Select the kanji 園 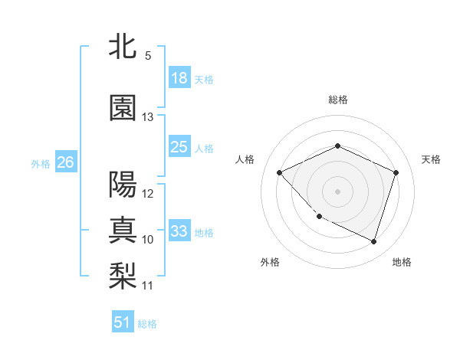[x=123, y=109]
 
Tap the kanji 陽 [x=123, y=185]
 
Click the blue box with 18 [x=179, y=78]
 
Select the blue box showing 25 [x=179, y=147]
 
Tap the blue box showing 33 [x=179, y=231]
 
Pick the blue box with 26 [x=66, y=162]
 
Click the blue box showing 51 [x=123, y=322]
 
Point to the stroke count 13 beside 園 [x=148, y=117]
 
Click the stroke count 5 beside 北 [x=148, y=56]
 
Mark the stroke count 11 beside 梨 [x=148, y=286]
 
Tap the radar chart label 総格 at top [x=337, y=100]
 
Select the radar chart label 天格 [x=431, y=159]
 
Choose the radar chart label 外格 [x=270, y=262]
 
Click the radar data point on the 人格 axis [x=280, y=172]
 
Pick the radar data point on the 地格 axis [x=373, y=241]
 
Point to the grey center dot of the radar [x=337, y=191]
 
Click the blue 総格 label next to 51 [x=147, y=324]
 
